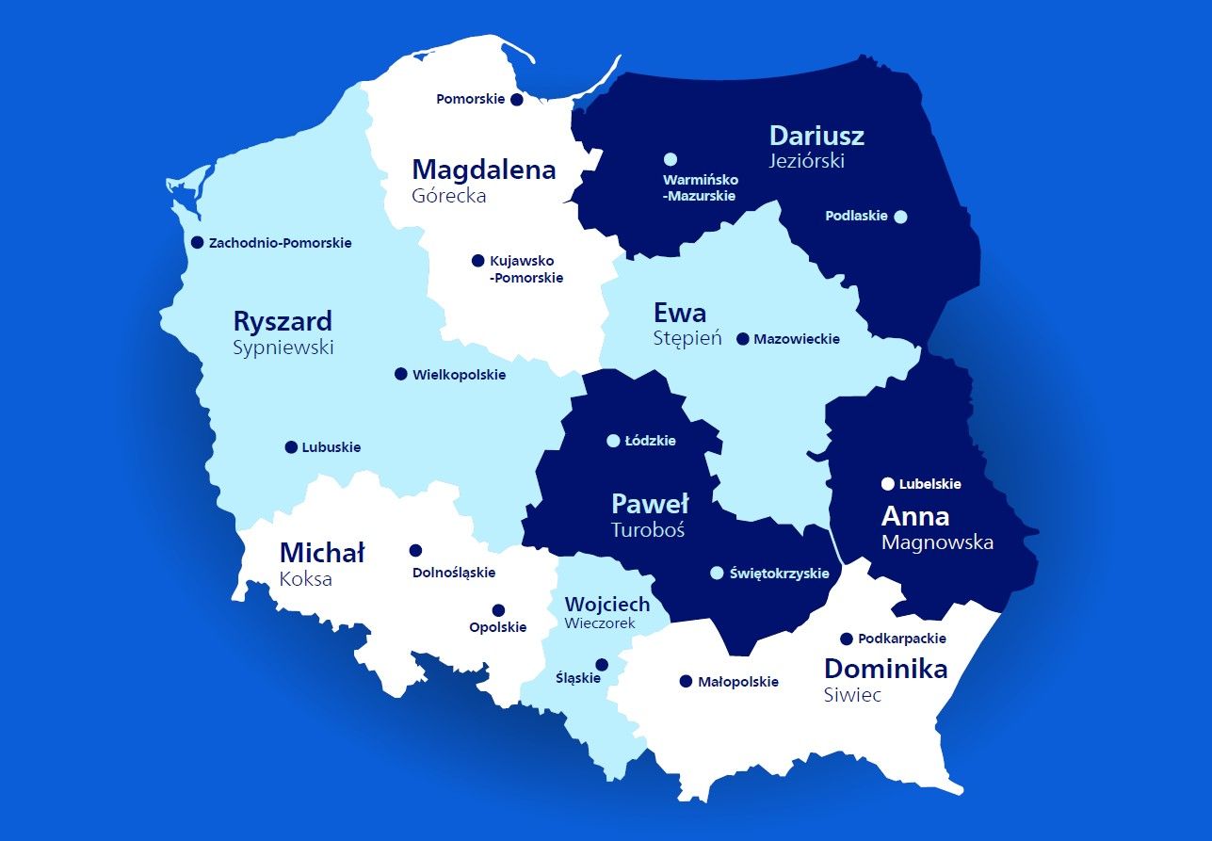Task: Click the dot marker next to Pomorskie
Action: [516, 100]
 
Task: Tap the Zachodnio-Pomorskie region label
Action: [280, 243]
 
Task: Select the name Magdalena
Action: [484, 170]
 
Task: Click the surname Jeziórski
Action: [807, 161]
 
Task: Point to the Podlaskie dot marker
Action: [900, 217]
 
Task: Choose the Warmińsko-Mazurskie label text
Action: [700, 187]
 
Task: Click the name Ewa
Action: [679, 312]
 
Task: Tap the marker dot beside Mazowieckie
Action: [742, 339]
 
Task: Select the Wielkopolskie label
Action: [459, 375]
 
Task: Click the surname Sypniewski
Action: [283, 348]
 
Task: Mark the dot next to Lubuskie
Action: [291, 447]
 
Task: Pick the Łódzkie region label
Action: [650, 441]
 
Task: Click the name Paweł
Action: [650, 504]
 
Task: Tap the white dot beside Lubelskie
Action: [887, 484]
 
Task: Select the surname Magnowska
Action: [937, 542]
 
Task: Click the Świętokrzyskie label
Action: [779, 574]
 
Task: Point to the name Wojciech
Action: [606, 604]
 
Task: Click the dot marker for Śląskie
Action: [602, 665]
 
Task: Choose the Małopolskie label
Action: [737, 682]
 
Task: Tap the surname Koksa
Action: [305, 579]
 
